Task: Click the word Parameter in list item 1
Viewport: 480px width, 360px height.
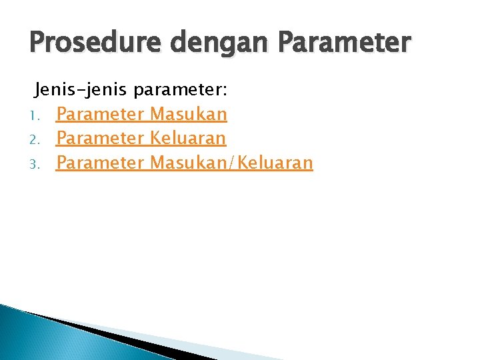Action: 101,115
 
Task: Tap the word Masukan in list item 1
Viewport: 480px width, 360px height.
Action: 189,114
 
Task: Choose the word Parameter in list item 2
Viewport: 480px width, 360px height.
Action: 101,138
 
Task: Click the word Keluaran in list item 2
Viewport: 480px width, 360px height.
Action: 188,138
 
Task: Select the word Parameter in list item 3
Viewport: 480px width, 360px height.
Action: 101,162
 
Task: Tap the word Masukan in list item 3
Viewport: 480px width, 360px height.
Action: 189,162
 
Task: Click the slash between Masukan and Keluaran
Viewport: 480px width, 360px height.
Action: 231,162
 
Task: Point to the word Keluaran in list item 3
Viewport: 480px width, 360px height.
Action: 274,162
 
